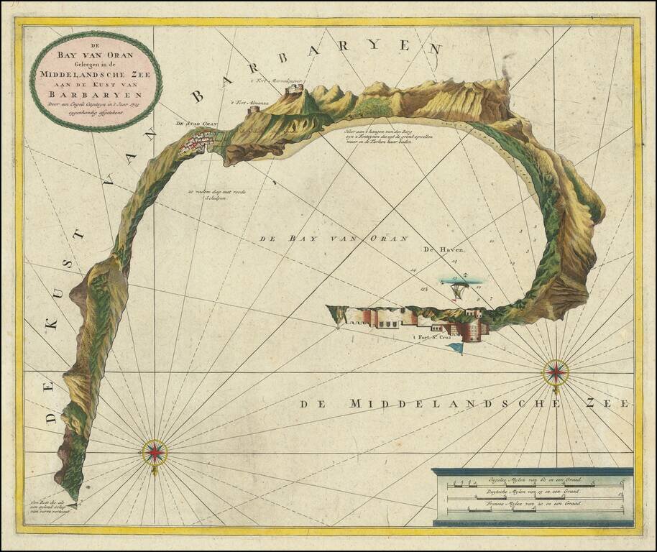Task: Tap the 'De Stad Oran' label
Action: coord(196,124)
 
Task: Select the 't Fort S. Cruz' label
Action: coord(433,337)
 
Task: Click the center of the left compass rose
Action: coord(155,451)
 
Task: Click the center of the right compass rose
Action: coord(556,372)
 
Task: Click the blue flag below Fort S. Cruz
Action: coord(456,349)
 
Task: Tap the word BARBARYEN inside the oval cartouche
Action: coord(96,92)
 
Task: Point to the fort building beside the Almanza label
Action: coord(253,111)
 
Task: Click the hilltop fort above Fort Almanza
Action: coord(294,90)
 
